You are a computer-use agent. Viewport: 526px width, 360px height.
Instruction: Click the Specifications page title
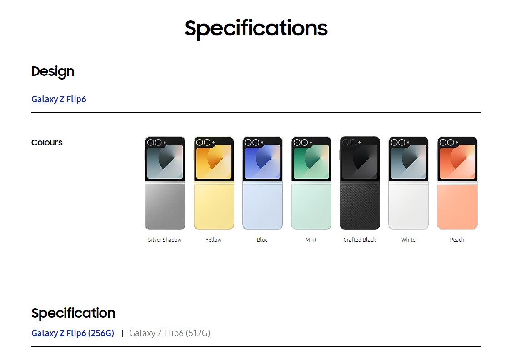[x=256, y=29]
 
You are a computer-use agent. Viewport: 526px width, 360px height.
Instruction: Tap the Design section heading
[x=53, y=72]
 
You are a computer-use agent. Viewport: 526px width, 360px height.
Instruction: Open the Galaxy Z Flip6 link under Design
[x=59, y=99]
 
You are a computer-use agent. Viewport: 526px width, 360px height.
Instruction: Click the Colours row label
[x=47, y=143]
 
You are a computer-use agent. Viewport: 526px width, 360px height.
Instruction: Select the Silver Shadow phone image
[x=165, y=183]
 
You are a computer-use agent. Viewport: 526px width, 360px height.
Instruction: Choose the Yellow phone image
[x=214, y=183]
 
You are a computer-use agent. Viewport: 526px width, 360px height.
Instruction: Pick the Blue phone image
[x=262, y=183]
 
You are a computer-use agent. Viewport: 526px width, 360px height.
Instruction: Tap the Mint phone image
[x=311, y=183]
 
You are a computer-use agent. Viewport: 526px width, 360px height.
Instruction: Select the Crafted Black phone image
[x=360, y=183]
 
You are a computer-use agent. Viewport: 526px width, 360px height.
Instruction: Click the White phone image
[x=408, y=183]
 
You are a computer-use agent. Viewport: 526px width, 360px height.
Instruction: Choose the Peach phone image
[x=457, y=183]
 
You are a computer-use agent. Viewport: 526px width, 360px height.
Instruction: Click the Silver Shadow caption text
[x=165, y=240]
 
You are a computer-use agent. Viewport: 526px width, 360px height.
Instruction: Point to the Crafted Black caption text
[x=360, y=240]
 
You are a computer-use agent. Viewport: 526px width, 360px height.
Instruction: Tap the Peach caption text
[x=457, y=240]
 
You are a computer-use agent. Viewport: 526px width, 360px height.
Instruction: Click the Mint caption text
[x=311, y=240]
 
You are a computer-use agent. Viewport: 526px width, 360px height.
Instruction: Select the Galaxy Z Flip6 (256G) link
[x=73, y=334]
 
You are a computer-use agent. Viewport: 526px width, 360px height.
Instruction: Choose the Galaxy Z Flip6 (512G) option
[x=170, y=334]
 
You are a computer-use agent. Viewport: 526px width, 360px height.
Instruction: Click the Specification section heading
[x=73, y=313]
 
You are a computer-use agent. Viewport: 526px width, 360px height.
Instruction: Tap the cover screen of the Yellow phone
[x=214, y=162]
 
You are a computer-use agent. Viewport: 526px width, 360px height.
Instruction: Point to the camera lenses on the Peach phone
[x=446, y=142]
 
